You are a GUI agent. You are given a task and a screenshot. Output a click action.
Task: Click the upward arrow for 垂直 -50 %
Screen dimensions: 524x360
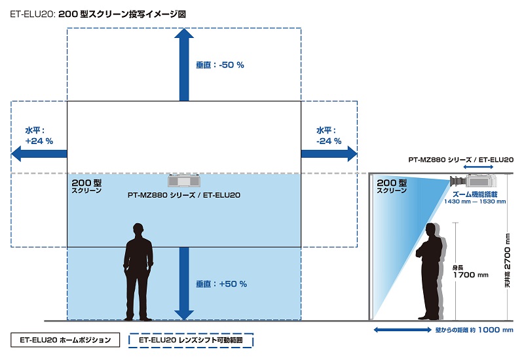click(184, 64)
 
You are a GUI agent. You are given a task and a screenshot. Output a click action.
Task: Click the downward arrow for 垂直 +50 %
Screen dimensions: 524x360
click(184, 283)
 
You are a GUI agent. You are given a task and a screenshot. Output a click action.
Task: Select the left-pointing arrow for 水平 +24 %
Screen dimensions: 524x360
click(39, 154)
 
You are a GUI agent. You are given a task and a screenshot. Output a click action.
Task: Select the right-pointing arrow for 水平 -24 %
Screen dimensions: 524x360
click(329, 154)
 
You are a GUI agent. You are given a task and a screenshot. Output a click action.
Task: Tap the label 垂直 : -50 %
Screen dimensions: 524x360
click(220, 65)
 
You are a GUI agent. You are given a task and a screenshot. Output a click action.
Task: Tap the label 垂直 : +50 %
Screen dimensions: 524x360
click(221, 284)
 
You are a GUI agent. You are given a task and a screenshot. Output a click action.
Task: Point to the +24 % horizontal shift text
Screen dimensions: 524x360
click(39, 141)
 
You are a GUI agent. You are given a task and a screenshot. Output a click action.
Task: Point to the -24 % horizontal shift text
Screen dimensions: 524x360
click(329, 141)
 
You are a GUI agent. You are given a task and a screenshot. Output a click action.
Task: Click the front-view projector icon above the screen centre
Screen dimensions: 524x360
click(184, 181)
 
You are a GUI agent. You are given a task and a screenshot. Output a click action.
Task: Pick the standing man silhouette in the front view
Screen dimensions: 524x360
click(138, 272)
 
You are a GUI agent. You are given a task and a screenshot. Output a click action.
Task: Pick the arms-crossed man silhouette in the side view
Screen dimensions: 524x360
click(430, 272)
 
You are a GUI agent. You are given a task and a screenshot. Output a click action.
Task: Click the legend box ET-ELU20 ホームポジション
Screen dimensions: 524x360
click(65, 340)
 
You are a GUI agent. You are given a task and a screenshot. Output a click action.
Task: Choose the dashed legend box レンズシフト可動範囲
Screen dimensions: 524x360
click(191, 340)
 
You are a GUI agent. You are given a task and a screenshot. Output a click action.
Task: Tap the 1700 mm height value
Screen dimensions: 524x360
click(470, 275)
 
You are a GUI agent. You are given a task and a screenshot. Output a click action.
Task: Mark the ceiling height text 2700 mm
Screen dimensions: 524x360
click(507, 251)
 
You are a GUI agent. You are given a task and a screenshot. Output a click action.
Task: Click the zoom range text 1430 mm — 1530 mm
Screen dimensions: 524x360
click(475, 202)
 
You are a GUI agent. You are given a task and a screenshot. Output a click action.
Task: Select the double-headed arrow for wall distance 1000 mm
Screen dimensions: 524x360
click(402, 330)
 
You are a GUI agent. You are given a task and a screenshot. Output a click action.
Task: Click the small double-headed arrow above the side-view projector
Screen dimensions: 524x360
click(478, 167)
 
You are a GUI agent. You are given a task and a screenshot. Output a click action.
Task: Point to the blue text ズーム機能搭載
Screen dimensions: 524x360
click(475, 194)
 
